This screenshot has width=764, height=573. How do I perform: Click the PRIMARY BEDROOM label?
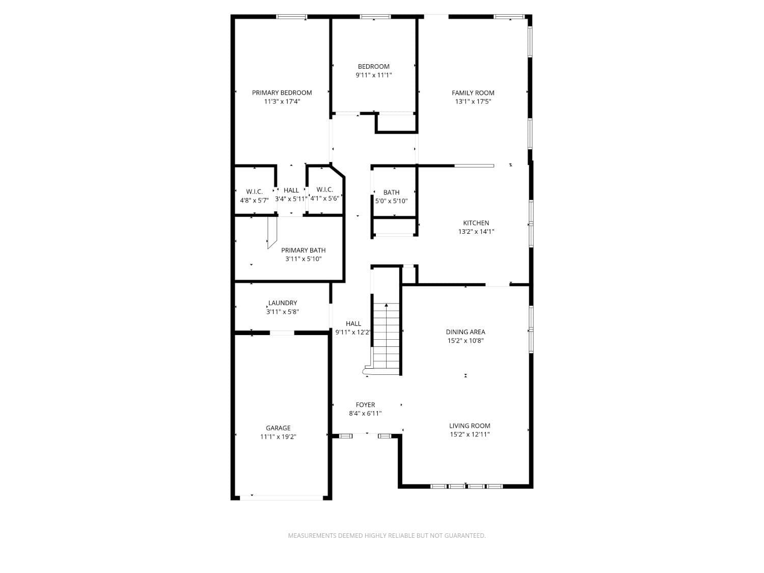point(282,93)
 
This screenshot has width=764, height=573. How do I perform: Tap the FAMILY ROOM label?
point(473,93)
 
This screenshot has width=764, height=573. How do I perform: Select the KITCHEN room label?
point(476,223)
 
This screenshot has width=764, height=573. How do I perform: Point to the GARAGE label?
point(278,428)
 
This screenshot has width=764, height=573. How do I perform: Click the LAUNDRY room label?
point(283,303)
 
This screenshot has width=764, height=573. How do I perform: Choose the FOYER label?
point(365,405)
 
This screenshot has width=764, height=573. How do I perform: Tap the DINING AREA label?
point(466,332)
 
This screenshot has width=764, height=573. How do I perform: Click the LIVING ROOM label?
point(470,426)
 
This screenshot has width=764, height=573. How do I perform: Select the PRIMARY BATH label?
point(303,250)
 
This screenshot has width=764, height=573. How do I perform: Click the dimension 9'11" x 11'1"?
point(373,75)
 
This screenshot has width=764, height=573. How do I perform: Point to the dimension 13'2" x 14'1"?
point(476,232)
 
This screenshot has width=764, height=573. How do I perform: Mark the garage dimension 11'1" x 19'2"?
point(278,436)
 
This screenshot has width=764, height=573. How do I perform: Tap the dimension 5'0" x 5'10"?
point(391,201)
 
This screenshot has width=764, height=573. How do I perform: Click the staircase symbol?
point(387,336)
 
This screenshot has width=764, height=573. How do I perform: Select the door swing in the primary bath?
point(272,233)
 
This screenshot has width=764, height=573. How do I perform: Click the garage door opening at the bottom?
point(281,498)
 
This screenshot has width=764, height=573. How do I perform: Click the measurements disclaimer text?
point(387,535)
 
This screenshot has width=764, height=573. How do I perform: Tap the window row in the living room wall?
point(466,486)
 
